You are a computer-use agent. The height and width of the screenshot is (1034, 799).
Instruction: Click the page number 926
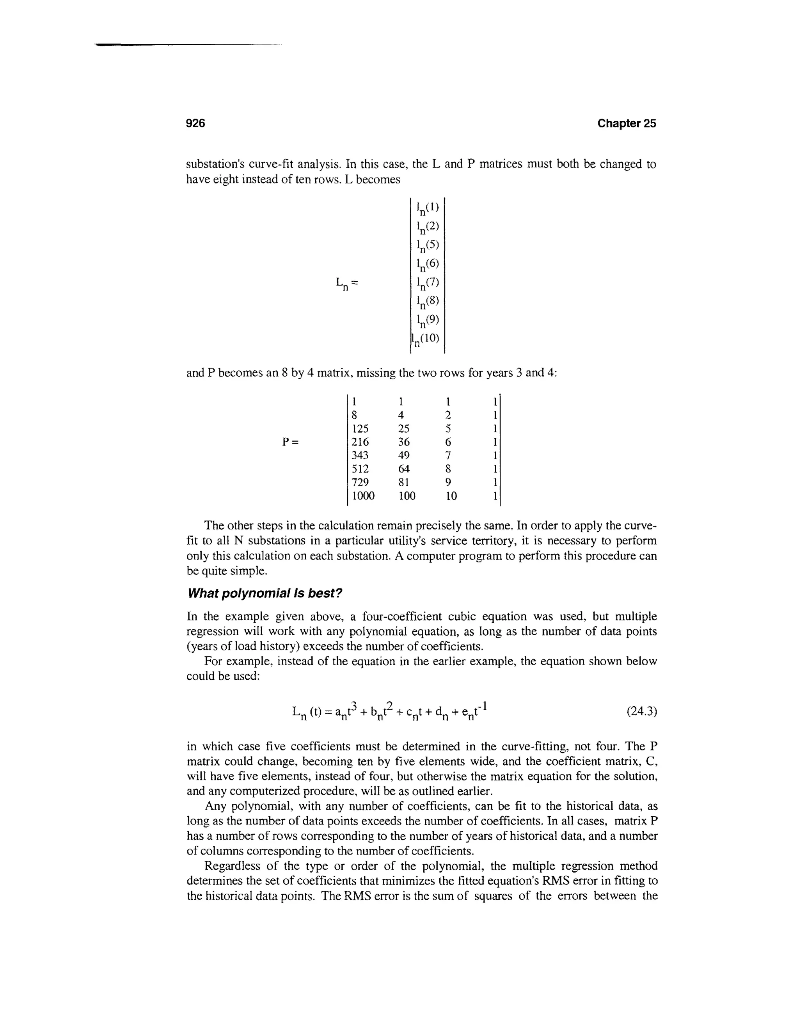click(x=195, y=124)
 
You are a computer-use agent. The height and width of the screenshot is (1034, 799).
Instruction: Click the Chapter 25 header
click(x=626, y=124)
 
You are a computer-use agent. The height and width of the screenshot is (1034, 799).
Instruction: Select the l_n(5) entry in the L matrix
click(x=428, y=246)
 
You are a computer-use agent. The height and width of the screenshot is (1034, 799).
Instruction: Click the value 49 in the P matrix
click(x=403, y=455)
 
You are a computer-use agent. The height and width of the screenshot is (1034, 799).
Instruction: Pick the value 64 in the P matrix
click(x=403, y=469)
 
